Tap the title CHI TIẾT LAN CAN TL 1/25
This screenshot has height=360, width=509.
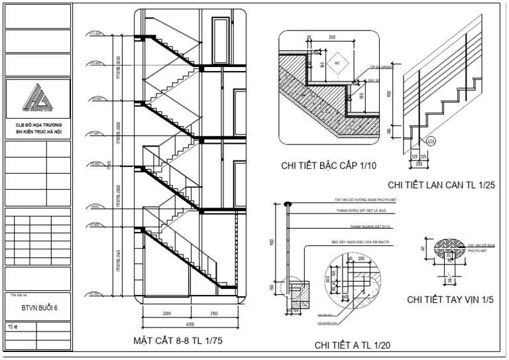click(441, 185)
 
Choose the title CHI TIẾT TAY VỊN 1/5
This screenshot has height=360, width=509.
click(450, 299)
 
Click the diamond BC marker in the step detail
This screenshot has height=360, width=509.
click(337, 62)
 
